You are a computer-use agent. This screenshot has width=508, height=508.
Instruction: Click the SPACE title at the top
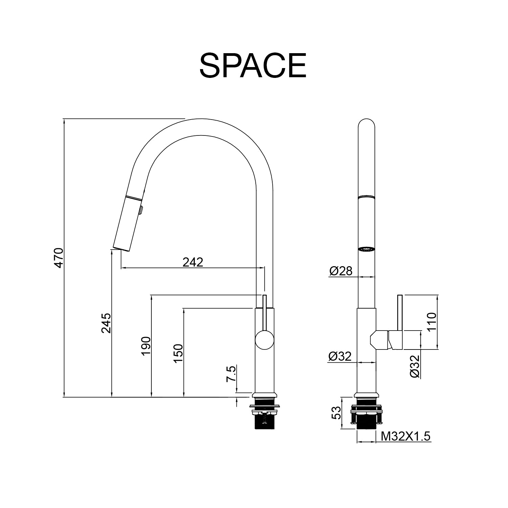click(x=253, y=65)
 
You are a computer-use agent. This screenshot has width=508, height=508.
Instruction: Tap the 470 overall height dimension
click(x=59, y=258)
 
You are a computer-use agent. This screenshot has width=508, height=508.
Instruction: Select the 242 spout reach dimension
click(x=193, y=262)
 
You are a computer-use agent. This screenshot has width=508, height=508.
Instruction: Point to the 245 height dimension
click(x=106, y=323)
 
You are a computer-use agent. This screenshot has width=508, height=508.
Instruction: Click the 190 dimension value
click(x=146, y=346)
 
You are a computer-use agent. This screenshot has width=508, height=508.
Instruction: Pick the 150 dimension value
click(x=178, y=354)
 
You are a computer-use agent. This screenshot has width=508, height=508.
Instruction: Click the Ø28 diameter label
click(x=341, y=271)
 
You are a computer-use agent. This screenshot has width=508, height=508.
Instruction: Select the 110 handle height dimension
click(x=431, y=322)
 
